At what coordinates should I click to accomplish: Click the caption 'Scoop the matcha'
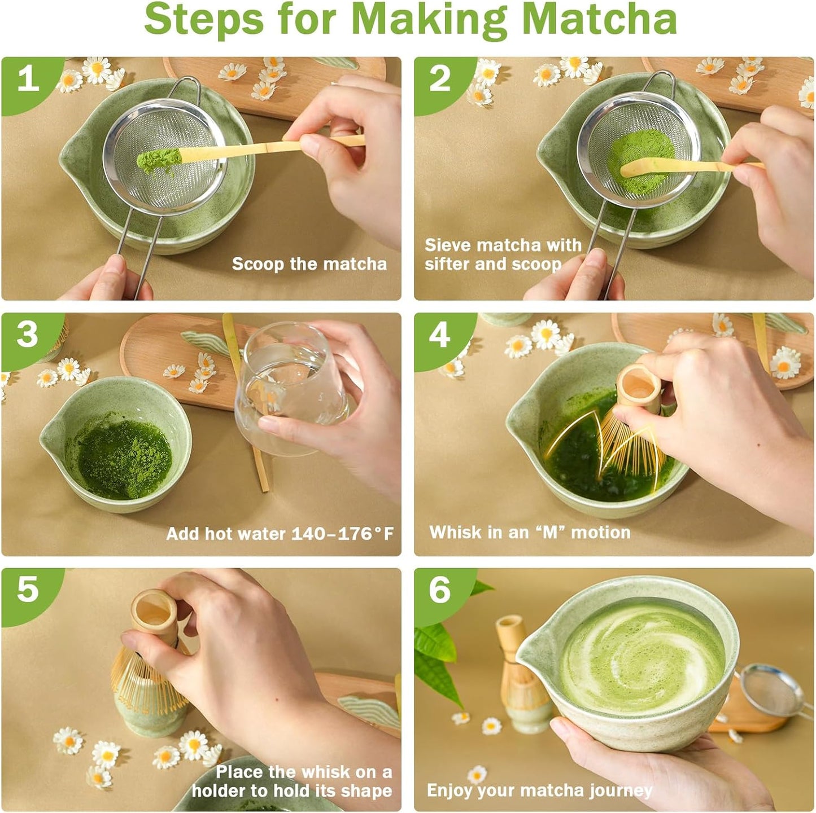click(x=309, y=264)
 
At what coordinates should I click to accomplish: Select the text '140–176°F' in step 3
click(x=343, y=534)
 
